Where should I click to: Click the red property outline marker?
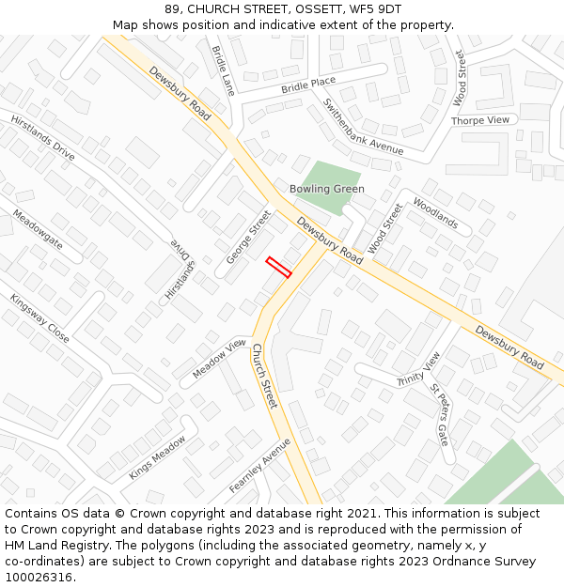pyautogui.click(x=278, y=267)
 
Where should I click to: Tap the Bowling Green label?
pyautogui.click(x=327, y=189)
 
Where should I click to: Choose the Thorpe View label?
pyautogui.click(x=479, y=120)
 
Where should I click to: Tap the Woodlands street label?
pyautogui.click(x=435, y=214)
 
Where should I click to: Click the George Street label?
pyautogui.click(x=248, y=237)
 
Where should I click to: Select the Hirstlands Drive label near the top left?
pyautogui.click(x=43, y=137)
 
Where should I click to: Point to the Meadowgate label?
pyautogui.click(x=38, y=230)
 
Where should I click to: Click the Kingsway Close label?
pyautogui.click(x=39, y=319)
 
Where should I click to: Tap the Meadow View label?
pyautogui.click(x=219, y=358)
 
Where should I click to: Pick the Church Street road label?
pyautogui.click(x=264, y=375)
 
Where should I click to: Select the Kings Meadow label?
pyautogui.click(x=157, y=457)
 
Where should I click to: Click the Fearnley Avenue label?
pyautogui.click(x=260, y=466)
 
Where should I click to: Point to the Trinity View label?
pyautogui.click(x=418, y=369)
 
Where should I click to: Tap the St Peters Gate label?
pyautogui.click(x=440, y=414)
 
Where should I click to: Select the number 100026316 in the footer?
pyautogui.click(x=37, y=577)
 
